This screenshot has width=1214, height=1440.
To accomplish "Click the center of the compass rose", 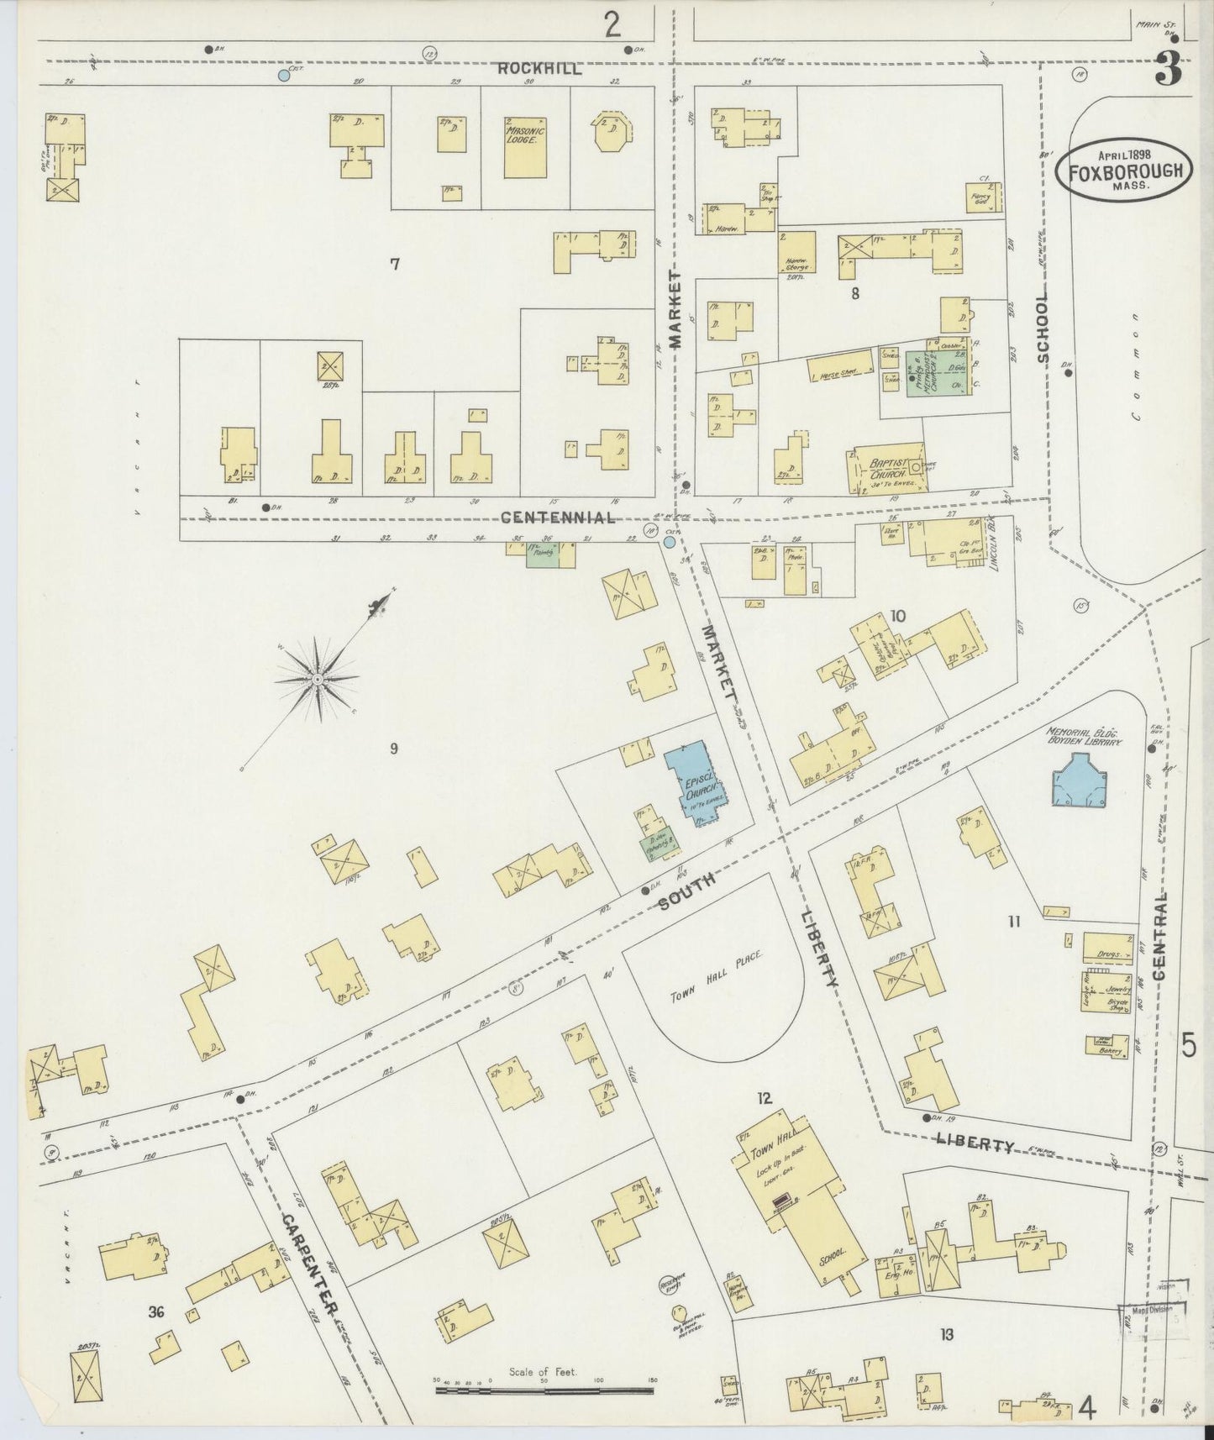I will [318, 678].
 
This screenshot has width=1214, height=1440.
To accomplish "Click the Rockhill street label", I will [539, 70].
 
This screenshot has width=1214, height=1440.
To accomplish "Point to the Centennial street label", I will [557, 516].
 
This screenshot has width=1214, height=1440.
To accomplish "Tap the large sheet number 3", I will [1168, 68].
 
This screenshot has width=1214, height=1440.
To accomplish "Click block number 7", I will [394, 265].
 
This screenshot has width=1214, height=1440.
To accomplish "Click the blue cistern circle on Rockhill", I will [284, 76].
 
